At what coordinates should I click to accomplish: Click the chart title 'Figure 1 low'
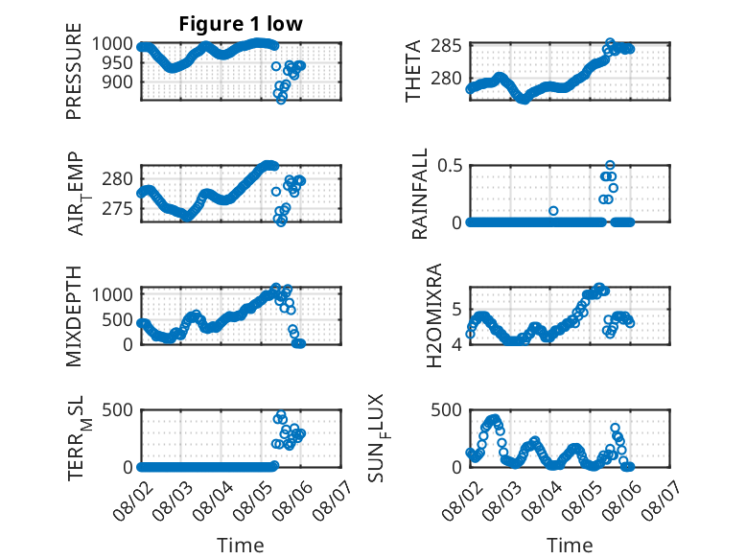point(241,24)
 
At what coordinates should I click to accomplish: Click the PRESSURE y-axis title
point(74,71)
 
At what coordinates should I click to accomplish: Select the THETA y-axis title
point(413,71)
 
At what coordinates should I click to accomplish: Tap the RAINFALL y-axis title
point(420,194)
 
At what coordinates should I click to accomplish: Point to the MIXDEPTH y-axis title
point(74,316)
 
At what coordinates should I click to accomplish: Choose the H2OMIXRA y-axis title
point(434,315)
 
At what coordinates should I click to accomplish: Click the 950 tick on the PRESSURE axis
point(118,62)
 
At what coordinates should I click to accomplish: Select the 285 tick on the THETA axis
point(446,46)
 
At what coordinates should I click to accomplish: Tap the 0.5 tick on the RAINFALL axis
point(450,166)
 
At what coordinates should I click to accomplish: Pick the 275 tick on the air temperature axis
point(118,208)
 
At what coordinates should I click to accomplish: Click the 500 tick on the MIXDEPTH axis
point(118,319)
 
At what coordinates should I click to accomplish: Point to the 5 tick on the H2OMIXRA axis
point(457,310)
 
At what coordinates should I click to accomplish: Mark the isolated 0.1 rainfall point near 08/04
point(553,211)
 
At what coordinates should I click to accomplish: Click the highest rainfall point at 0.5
point(610,165)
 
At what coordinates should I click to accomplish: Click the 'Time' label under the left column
point(241,545)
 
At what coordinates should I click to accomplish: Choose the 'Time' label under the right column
point(570,545)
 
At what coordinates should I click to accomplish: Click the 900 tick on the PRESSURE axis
point(118,82)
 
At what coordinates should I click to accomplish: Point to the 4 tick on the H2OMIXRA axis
point(457,343)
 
